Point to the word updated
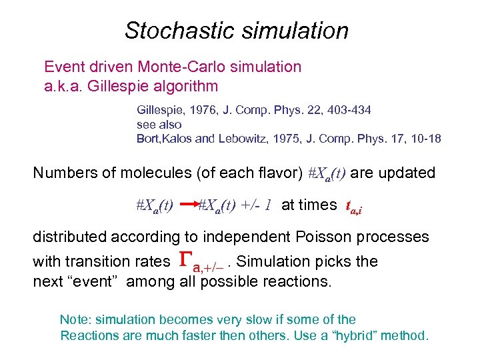point(409,173)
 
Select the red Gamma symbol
point(187,261)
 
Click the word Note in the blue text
point(73,320)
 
